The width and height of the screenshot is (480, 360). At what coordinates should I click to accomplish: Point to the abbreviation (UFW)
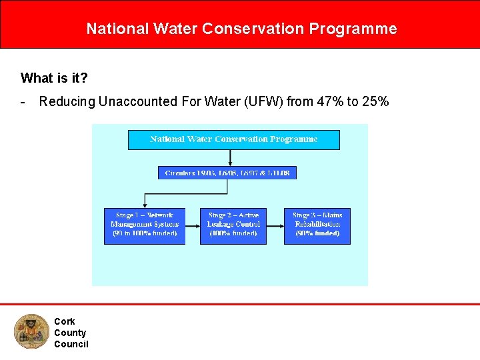[x=259, y=102]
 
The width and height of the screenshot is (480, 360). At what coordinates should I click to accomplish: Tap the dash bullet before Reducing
[x=23, y=102]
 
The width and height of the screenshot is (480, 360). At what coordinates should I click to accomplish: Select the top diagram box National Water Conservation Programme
[x=233, y=139]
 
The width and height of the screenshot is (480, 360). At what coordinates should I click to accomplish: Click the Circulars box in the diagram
[x=227, y=173]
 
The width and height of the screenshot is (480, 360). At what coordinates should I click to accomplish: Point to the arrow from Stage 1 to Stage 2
[x=193, y=226]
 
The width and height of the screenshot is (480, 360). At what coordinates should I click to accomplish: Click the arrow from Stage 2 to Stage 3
[x=275, y=226]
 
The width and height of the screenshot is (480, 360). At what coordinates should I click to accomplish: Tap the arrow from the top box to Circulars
[x=230, y=158]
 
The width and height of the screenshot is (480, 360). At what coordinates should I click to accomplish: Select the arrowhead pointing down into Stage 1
[x=145, y=205]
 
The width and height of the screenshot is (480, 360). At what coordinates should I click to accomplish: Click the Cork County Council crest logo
[x=31, y=332]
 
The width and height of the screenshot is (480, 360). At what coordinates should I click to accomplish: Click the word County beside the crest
[x=70, y=333]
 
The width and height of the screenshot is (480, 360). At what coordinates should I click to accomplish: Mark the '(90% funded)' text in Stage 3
[x=317, y=233]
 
